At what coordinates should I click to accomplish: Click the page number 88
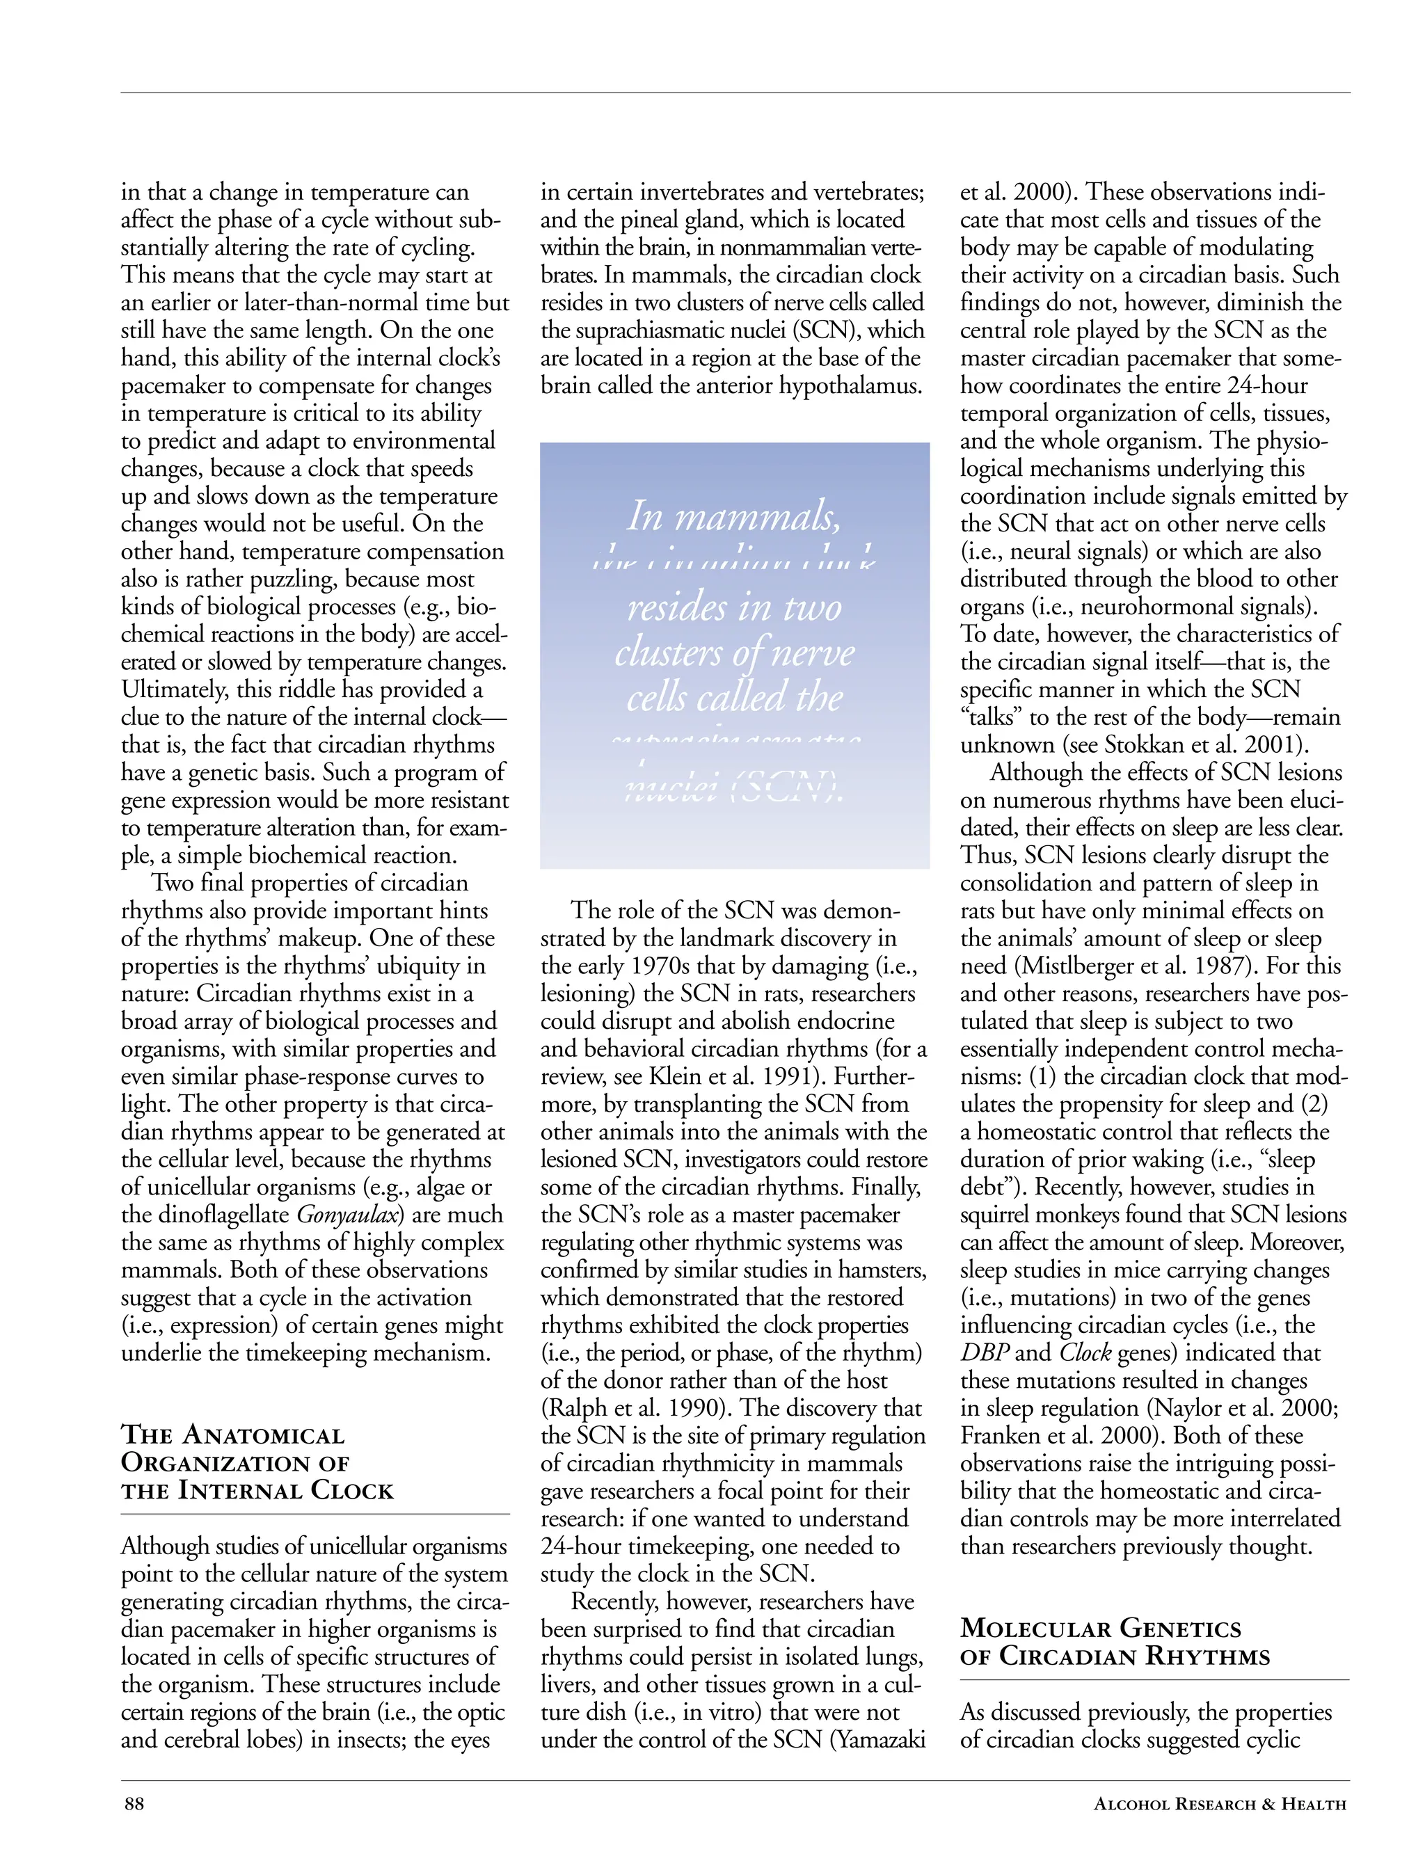coord(134,1804)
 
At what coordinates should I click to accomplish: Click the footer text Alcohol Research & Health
coord(1220,1804)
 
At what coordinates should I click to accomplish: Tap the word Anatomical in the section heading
coord(264,1436)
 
